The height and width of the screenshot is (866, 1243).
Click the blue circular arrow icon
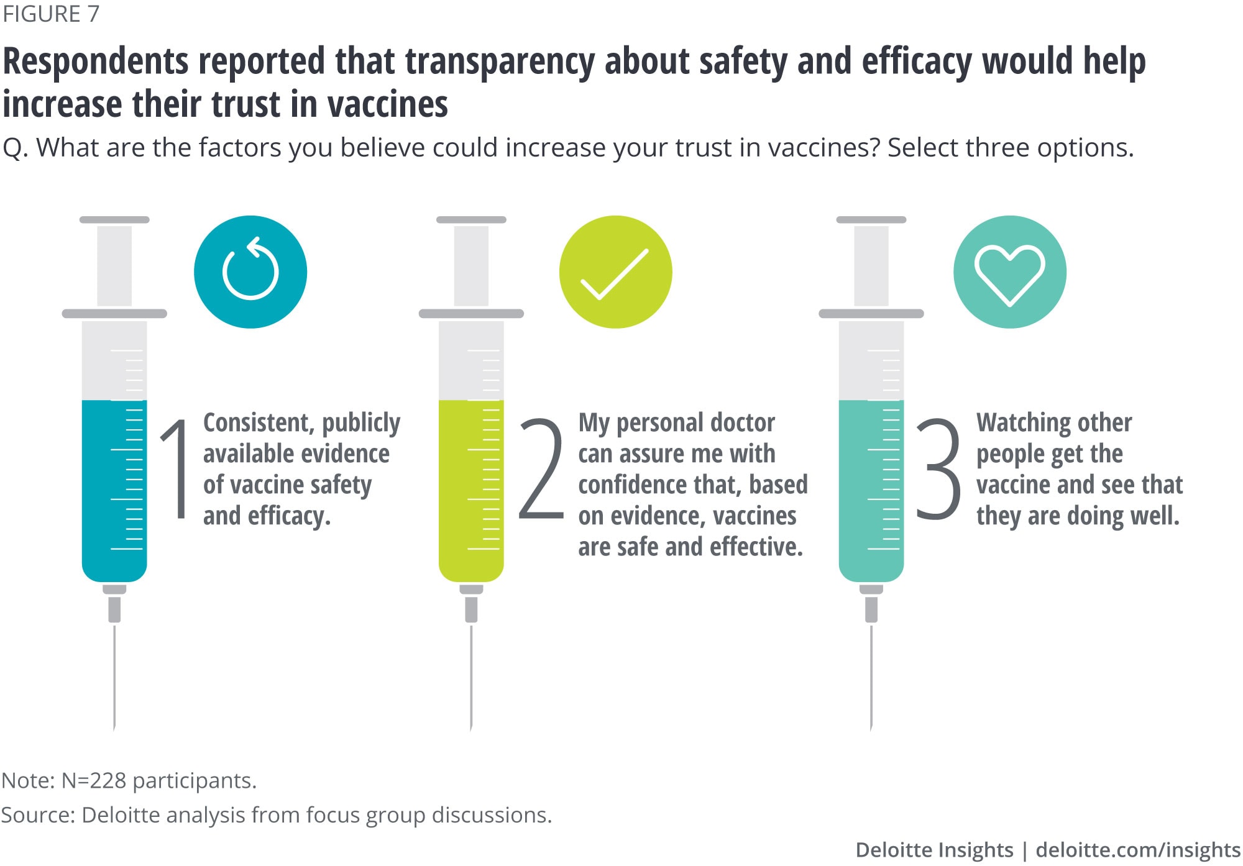tap(250, 272)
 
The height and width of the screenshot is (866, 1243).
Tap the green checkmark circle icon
tap(615, 272)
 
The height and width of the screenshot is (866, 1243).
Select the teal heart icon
tap(1010, 272)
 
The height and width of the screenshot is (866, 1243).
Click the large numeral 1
tap(176, 468)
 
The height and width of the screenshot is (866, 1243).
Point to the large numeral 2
tap(541, 468)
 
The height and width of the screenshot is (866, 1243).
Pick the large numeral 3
tap(938, 468)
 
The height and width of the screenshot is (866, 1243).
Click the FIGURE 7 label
tap(51, 14)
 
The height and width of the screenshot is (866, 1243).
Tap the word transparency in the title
tap(499, 62)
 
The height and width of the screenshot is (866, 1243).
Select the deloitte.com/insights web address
tap(1138, 849)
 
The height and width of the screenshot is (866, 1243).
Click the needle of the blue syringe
tap(114, 677)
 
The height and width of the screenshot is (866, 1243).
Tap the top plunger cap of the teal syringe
tap(871, 220)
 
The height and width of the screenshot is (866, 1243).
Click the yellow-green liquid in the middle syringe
tap(471, 491)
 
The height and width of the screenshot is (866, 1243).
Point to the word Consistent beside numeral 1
tap(257, 423)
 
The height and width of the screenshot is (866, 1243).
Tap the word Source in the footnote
tap(37, 814)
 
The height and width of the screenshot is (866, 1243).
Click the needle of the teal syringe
tap(871, 677)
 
